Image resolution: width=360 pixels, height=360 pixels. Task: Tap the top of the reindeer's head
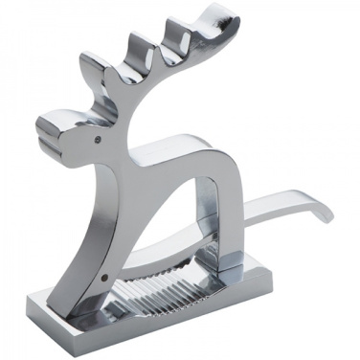point(105,113)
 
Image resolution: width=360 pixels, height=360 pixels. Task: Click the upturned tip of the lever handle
point(326,213)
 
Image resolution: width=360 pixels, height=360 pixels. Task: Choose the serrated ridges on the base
point(163,287)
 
